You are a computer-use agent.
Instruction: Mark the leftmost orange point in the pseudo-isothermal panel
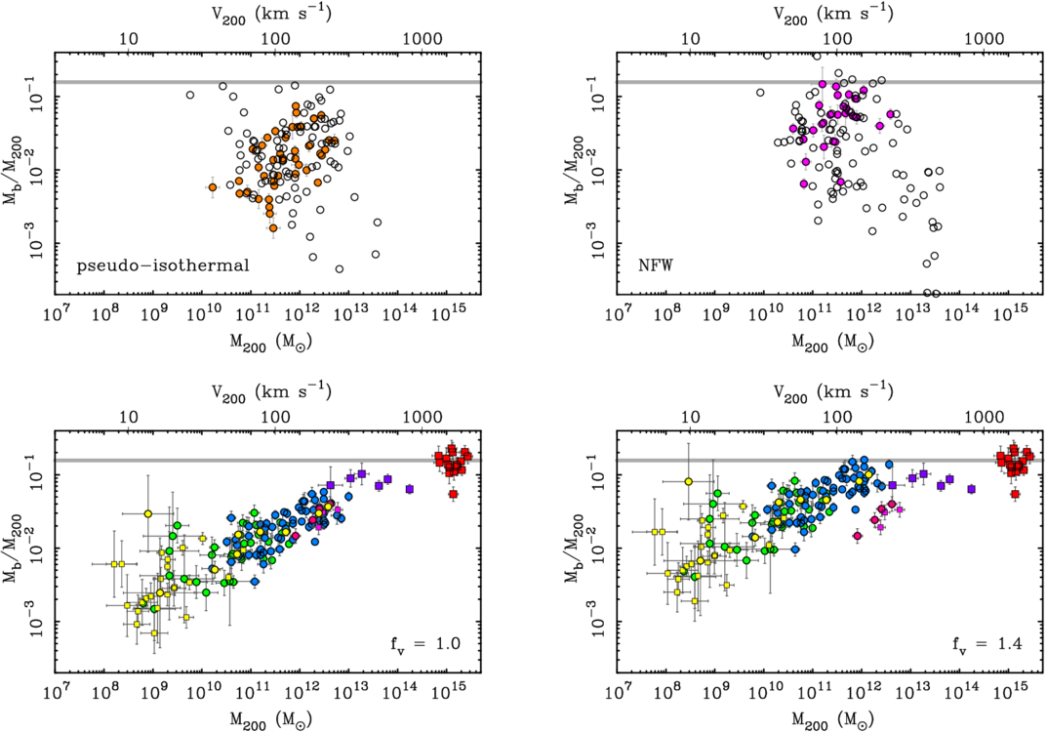(212, 187)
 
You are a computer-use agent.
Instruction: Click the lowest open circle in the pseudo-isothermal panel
(340, 268)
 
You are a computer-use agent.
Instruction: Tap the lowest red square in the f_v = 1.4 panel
(1016, 495)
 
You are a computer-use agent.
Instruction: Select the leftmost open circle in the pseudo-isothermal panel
(190, 96)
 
